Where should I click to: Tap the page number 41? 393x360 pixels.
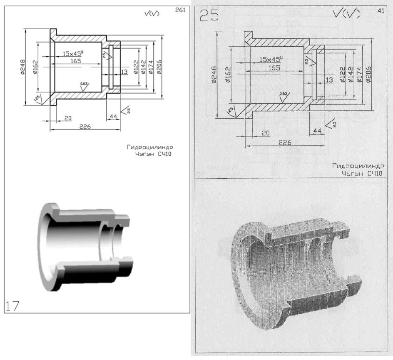pyautogui.click(x=380, y=11)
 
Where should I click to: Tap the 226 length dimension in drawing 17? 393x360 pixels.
pyautogui.click(x=85, y=126)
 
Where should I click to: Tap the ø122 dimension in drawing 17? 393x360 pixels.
pyautogui.click(x=136, y=66)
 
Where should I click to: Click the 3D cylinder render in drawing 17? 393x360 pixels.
pyautogui.click(x=83, y=245)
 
